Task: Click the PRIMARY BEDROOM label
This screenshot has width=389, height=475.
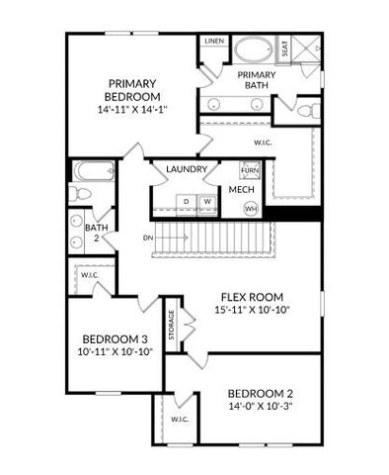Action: point(134,89)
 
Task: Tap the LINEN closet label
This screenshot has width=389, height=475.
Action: point(213,42)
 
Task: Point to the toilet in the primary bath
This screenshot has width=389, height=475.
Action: point(306,110)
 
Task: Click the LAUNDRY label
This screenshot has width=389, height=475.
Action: point(187,170)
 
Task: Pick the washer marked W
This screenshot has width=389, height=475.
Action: point(207,202)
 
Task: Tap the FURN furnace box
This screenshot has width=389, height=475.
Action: point(250,171)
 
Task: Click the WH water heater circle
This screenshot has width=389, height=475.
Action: point(251,209)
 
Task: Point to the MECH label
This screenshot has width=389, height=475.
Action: point(242,189)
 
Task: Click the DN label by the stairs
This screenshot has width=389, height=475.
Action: point(147,238)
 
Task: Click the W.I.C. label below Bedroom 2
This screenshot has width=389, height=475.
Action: point(179,420)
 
